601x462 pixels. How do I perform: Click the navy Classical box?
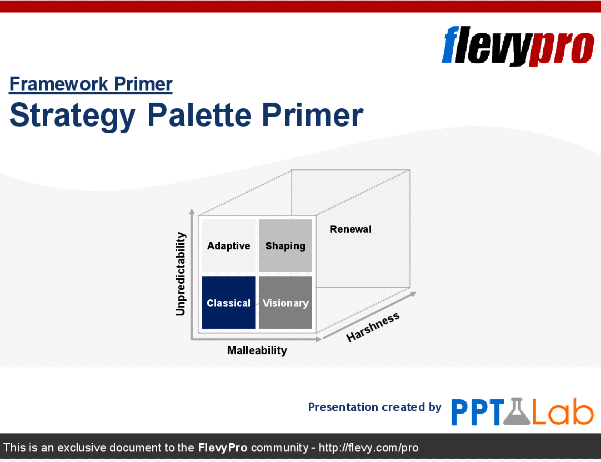pyautogui.click(x=229, y=303)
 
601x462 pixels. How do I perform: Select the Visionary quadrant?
pyautogui.click(x=286, y=303)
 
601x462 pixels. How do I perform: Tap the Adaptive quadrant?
pyautogui.click(x=229, y=245)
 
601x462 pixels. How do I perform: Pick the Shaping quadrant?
pyautogui.click(x=286, y=245)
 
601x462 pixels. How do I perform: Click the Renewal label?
pyautogui.click(x=350, y=229)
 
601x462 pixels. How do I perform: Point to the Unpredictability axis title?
pyautogui.click(x=181, y=274)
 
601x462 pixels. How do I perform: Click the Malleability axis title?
pyautogui.click(x=257, y=350)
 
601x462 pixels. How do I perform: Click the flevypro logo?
pyautogui.click(x=518, y=46)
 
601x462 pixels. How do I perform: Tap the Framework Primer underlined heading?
pyautogui.click(x=91, y=84)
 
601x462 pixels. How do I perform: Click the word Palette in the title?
pyautogui.click(x=199, y=115)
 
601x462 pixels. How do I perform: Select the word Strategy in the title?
pyautogui.click(x=72, y=116)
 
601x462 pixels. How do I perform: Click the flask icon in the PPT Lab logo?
pyautogui.click(x=517, y=411)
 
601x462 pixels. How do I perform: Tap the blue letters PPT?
pyautogui.click(x=478, y=412)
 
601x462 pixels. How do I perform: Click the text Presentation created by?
pyautogui.click(x=375, y=407)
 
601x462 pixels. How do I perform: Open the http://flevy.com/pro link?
pyautogui.click(x=368, y=448)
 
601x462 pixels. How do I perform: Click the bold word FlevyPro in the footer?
pyautogui.click(x=223, y=448)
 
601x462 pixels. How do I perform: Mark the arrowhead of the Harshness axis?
pyautogui.click(x=413, y=294)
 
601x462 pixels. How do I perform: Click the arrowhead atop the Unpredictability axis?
pyautogui.click(x=192, y=212)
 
